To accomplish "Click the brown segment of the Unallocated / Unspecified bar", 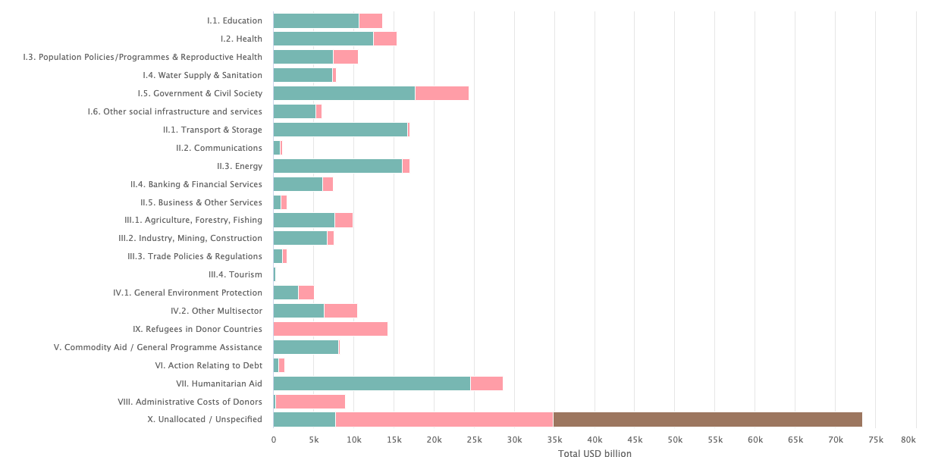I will pyautogui.click(x=708, y=420).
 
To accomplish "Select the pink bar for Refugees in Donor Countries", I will pyautogui.click(x=331, y=329).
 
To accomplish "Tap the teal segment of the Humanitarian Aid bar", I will pyautogui.click(x=372, y=383).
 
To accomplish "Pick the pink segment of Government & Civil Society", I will pyautogui.click(x=441, y=93).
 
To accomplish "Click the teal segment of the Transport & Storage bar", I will pyautogui.click(x=340, y=130).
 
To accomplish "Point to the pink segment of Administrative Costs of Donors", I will pyautogui.click(x=310, y=402).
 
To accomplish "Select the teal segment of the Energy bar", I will pyautogui.click(x=337, y=166).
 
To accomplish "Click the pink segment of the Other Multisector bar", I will pyautogui.click(x=340, y=311).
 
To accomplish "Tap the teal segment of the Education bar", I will pyautogui.click(x=316, y=20).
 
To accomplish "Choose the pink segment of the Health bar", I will pyautogui.click(x=384, y=39).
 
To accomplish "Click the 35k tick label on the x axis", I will pyautogui.click(x=554, y=440).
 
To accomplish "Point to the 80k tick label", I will pyautogui.click(x=908, y=440).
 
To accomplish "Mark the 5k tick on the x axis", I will pyautogui.click(x=314, y=440).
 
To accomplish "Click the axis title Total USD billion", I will pyautogui.click(x=595, y=453).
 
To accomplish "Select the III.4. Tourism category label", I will pyautogui.click(x=235, y=274).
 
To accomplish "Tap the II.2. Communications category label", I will pyautogui.click(x=218, y=148).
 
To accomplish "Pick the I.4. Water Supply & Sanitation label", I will pyautogui.click(x=202, y=75).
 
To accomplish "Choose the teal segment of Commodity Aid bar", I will pyautogui.click(x=306, y=347).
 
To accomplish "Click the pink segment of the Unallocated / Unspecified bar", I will pyautogui.click(x=444, y=420).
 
